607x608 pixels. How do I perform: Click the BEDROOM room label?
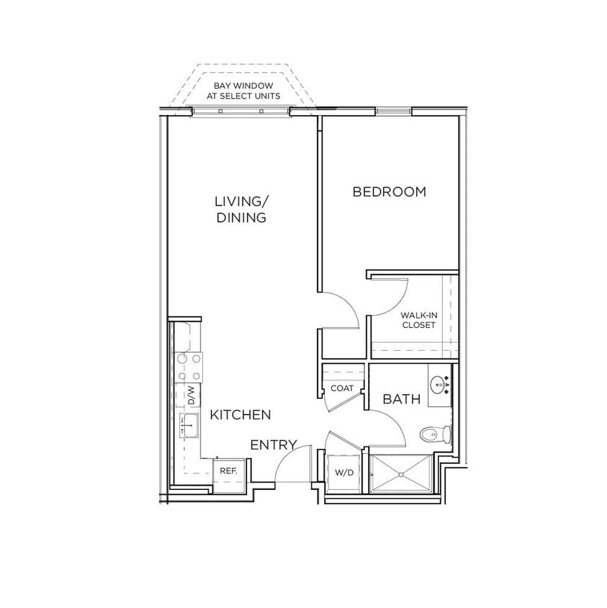pos(389,192)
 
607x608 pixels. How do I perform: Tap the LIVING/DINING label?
pos(241,209)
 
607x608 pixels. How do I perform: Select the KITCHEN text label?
pos(240,415)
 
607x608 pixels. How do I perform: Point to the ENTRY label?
pos(273,445)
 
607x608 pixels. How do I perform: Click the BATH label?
pos(401,399)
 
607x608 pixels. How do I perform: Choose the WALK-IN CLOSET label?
pos(418,320)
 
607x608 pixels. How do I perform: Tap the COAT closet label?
pos(341,389)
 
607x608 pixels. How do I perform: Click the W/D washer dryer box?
pos(342,473)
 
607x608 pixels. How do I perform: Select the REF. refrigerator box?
pos(228,471)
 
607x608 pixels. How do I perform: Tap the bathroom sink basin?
pos(439,382)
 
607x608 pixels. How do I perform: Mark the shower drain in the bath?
pos(401,475)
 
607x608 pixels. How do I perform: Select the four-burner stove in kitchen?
pos(189,367)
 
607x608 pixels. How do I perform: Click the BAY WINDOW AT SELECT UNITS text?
pos(242,91)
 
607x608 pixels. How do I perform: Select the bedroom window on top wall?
pos(392,112)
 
